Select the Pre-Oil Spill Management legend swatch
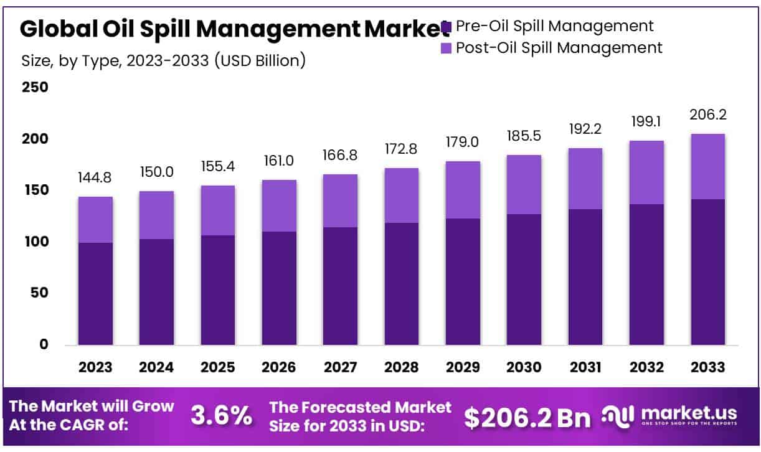[447, 27]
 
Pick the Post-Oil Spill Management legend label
[559, 47]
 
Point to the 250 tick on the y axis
[35, 87]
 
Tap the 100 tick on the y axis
[35, 242]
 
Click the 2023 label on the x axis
[95, 367]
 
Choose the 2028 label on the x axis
[402, 367]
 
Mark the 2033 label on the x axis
[708, 367]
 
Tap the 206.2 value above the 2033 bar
[708, 115]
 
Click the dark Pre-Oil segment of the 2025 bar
[218, 290]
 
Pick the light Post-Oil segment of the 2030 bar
[524, 184]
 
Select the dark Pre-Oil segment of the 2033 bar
[708, 272]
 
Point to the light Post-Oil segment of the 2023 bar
[95, 220]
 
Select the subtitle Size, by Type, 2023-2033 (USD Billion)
[163, 61]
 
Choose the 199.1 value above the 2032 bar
[646, 122]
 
